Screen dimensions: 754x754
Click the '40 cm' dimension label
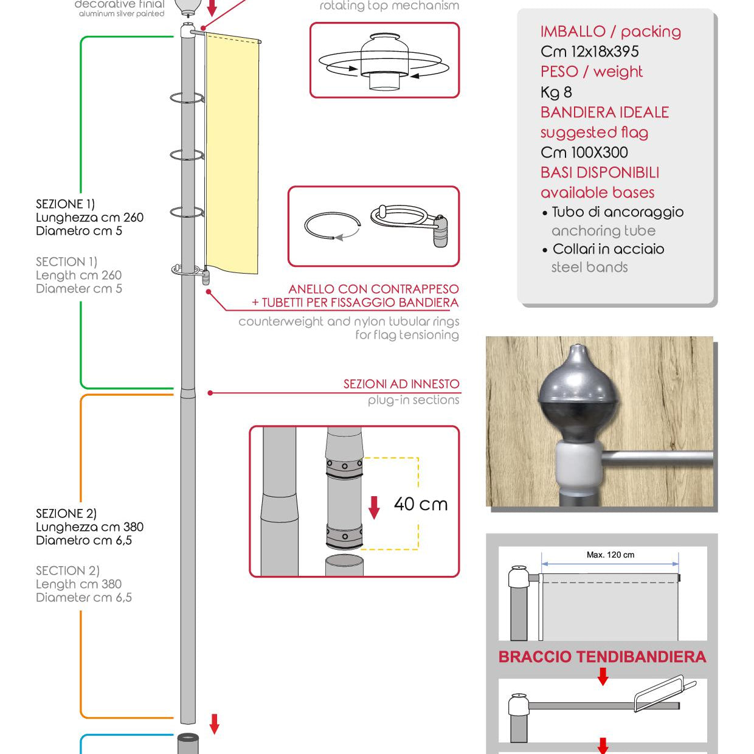420,504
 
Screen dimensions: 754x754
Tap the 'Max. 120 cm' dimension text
610,555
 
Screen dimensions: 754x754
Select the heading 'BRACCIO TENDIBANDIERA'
602,657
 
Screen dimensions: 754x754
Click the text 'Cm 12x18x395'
589,52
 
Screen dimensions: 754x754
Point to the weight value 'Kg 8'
556,92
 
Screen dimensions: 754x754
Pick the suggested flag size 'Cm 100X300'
584,153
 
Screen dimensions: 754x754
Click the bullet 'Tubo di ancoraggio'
617,212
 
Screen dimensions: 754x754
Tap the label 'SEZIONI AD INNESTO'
401,384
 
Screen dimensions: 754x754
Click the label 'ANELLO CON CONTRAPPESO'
373,289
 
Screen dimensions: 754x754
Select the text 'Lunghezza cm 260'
89,218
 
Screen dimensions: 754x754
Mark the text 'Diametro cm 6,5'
83,541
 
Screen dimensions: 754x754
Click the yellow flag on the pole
232,152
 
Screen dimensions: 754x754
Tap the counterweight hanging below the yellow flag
206,277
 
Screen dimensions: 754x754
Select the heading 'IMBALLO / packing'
610,32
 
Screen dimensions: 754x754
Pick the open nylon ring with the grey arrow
332,226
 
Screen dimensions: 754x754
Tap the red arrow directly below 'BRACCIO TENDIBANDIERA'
603,676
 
